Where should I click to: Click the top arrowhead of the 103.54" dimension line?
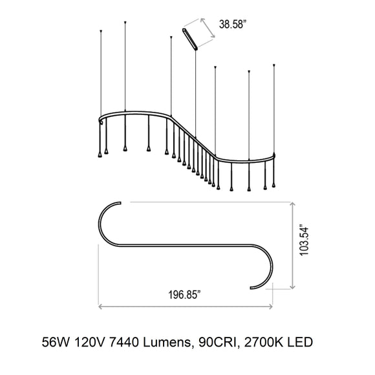pyautogui.click(x=294, y=203)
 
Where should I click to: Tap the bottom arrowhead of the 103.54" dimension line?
pyautogui.click(x=294, y=286)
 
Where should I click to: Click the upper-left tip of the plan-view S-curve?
pyautogui.click(x=120, y=202)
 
